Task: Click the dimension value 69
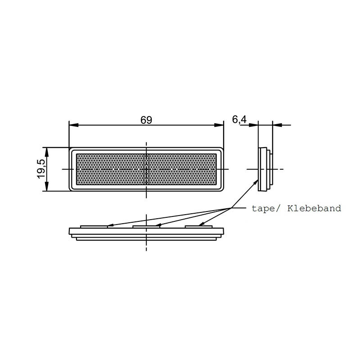coord(146,120)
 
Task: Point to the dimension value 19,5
coord(40,169)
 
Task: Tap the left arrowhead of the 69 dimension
coord(72,125)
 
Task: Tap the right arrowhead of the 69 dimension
coord(220,125)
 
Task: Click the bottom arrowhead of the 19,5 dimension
coord(47,188)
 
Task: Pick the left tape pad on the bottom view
coord(94,226)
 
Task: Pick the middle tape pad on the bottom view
coord(147,226)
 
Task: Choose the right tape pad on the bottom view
coord(200,226)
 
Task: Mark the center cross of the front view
coord(146,169)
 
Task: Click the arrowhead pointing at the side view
coord(257,181)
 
